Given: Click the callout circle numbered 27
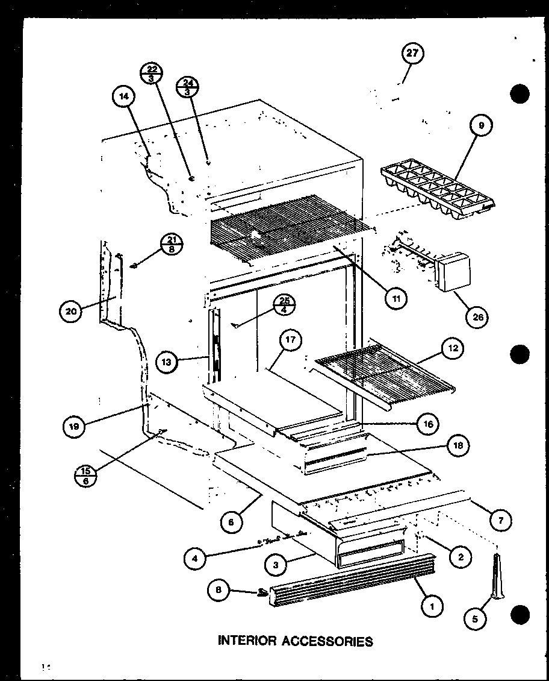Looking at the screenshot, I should click(x=412, y=54).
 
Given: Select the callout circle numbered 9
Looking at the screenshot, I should click(x=482, y=126).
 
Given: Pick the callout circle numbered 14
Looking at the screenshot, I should click(x=123, y=96).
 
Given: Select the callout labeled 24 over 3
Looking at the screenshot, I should click(x=188, y=89).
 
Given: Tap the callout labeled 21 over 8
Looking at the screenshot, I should click(x=172, y=246).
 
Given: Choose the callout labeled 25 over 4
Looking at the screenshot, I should click(x=284, y=305).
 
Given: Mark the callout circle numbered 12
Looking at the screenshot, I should click(x=452, y=348).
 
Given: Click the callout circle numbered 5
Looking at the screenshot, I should click(x=476, y=617).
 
